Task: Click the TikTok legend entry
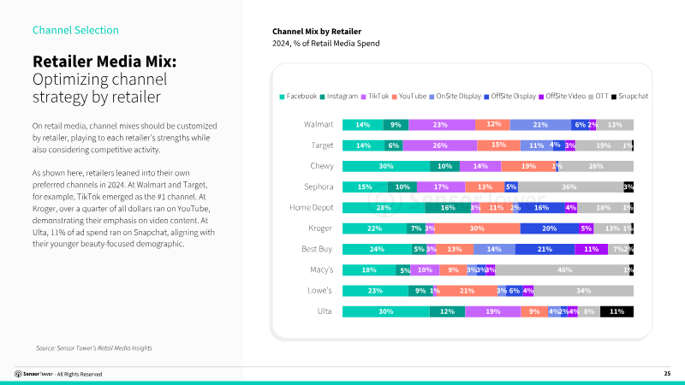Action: pyautogui.click(x=377, y=96)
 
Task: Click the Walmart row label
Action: pyautogui.click(x=319, y=125)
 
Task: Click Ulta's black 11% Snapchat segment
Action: pyautogui.click(x=616, y=311)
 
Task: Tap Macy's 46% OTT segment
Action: pyautogui.click(x=564, y=270)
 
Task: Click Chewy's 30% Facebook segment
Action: pyautogui.click(x=385, y=166)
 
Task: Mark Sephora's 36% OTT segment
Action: pyautogui.click(x=569, y=187)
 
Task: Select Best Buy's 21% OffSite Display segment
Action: pyautogui.click(x=544, y=249)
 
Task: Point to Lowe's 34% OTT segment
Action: pyautogui.click(x=584, y=291)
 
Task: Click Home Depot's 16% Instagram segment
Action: pyautogui.click(x=448, y=208)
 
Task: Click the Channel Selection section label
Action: pyautogui.click(x=75, y=30)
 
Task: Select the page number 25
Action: pyautogui.click(x=667, y=374)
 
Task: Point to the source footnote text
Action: pyautogui.click(x=94, y=347)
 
